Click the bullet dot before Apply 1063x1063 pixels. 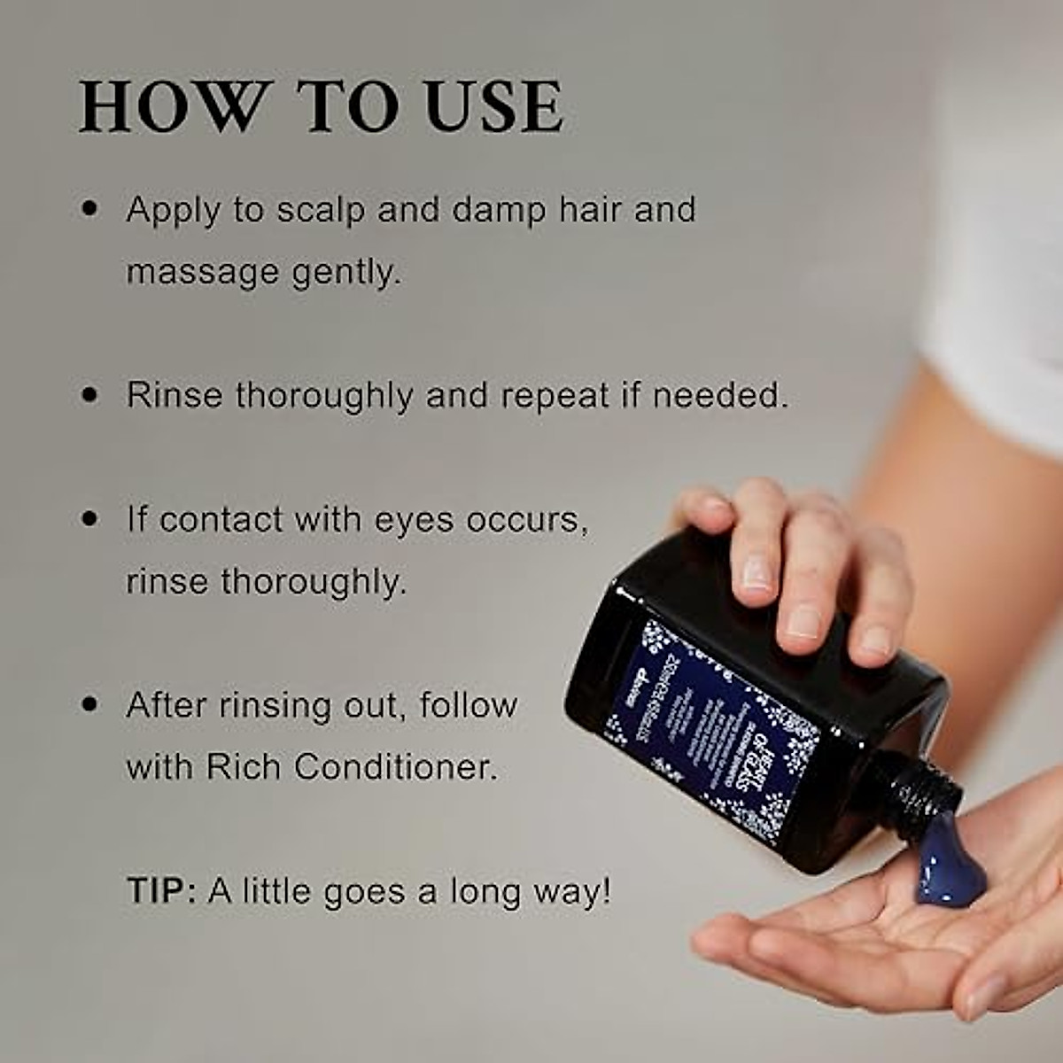coord(89,211)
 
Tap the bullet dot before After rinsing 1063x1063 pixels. coord(89,705)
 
